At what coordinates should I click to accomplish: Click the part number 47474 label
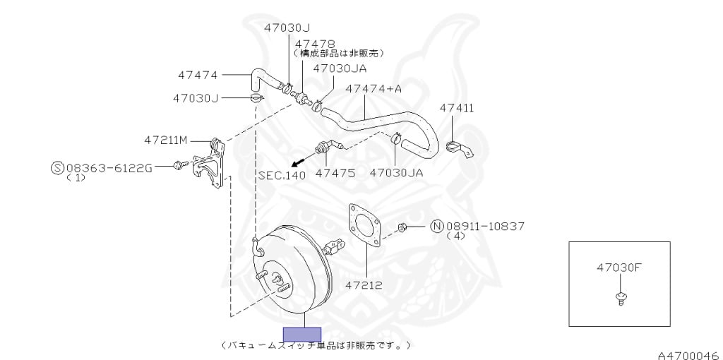tap(198, 74)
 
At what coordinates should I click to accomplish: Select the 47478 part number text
tap(315, 43)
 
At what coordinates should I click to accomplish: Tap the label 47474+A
tap(374, 89)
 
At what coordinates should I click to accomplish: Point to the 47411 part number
tap(457, 108)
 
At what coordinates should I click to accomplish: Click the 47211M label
tap(166, 140)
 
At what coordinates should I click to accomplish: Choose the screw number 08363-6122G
tap(109, 168)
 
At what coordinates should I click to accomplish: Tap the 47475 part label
tap(335, 172)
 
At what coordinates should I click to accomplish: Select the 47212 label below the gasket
tap(364, 285)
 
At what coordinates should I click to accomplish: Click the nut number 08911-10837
tap(485, 227)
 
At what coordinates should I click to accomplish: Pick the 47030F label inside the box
tap(619, 268)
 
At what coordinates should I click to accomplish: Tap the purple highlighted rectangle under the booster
tap(301, 335)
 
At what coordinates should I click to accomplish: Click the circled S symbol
tap(57, 168)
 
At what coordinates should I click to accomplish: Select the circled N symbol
tap(436, 227)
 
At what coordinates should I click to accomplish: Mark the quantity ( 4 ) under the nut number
tap(456, 236)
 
